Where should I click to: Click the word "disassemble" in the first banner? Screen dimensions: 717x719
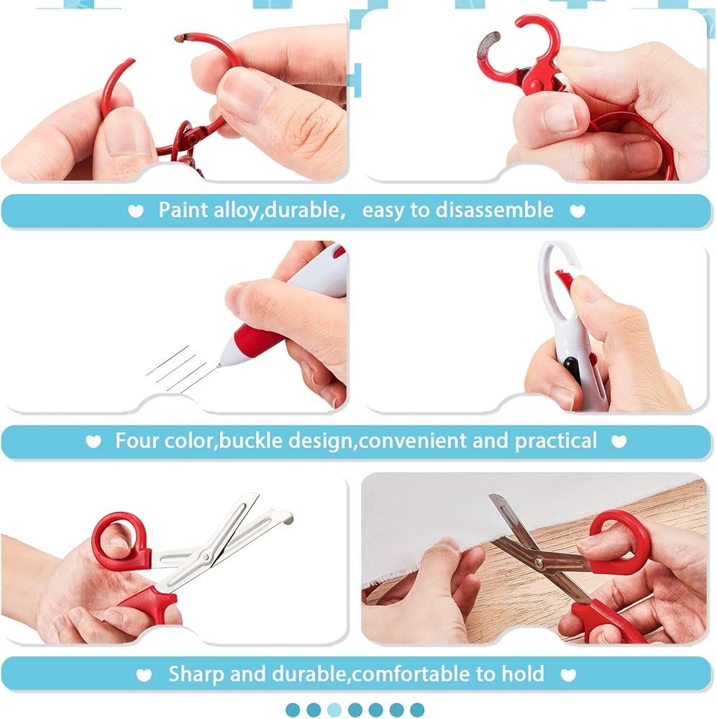click(x=494, y=211)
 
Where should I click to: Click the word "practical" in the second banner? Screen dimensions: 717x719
click(x=555, y=441)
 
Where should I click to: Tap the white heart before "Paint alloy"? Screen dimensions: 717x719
click(x=135, y=211)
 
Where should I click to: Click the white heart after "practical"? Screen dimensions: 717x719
click(x=618, y=441)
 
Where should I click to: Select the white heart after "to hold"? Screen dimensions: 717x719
click(x=568, y=675)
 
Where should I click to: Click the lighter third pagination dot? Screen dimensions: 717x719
click(x=334, y=710)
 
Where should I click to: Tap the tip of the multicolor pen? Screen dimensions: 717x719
click(x=219, y=365)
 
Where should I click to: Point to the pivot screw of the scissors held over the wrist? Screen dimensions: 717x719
click(x=206, y=557)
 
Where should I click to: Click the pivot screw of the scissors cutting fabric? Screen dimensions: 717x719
click(x=539, y=560)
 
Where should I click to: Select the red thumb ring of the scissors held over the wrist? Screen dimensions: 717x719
click(x=120, y=538)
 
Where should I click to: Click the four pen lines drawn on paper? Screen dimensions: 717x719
click(x=181, y=369)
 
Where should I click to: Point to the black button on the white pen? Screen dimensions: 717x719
click(x=570, y=370)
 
